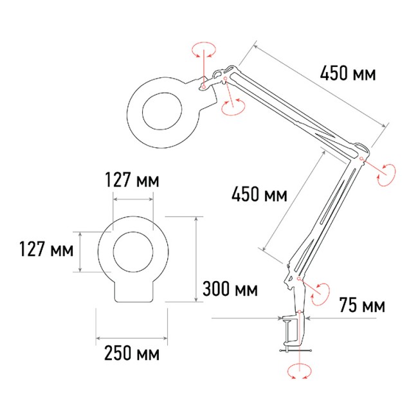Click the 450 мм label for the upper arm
coord(348,73)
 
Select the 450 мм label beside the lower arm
coord(259,194)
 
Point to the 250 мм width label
coord(131,354)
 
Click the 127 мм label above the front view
coord(131,181)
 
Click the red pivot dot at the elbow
coord(362,158)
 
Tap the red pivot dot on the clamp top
coord(300,313)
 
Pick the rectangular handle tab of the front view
coord(134,291)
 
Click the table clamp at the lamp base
coord(291,331)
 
